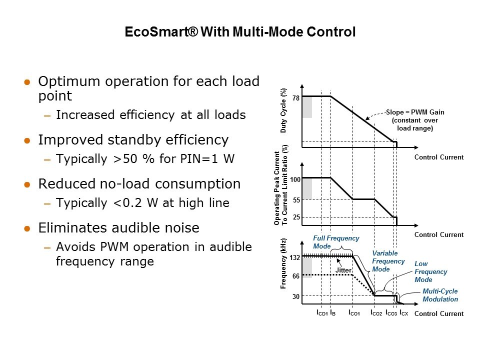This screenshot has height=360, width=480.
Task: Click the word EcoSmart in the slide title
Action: [161, 32]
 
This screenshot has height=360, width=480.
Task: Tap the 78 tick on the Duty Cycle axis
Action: [295, 98]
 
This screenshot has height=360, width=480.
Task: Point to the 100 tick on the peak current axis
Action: [295, 179]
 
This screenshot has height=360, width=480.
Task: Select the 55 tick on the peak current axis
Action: [296, 200]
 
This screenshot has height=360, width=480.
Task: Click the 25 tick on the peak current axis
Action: [296, 217]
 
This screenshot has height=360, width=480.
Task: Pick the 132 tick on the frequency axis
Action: [295, 258]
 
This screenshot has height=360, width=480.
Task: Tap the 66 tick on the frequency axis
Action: [295, 276]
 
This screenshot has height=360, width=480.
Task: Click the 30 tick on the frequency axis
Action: [295, 296]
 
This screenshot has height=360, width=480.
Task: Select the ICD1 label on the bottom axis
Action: [322, 313]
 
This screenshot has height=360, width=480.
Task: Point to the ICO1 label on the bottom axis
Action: [354, 313]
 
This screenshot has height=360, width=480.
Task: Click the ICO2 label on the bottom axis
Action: [376, 313]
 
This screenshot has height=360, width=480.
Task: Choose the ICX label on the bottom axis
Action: [404, 313]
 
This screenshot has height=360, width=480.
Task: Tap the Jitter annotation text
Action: [343, 270]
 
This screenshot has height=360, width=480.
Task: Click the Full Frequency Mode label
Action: [336, 242]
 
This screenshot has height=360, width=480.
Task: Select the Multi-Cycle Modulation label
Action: [440, 295]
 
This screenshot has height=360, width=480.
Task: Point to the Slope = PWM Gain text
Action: [415, 112]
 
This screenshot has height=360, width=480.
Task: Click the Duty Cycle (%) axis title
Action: [283, 110]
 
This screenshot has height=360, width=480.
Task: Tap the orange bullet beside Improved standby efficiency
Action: [27, 141]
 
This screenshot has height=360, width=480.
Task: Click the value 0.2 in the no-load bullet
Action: [132, 203]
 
